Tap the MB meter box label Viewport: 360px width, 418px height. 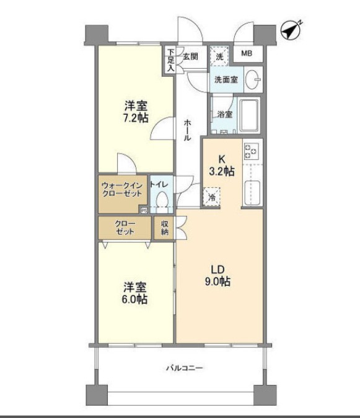(247, 54)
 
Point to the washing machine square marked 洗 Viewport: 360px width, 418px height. (219, 56)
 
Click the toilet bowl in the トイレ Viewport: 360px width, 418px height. (162, 201)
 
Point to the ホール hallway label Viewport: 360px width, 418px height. (187, 130)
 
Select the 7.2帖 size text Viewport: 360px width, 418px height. (134, 118)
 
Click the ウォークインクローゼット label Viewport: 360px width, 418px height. (122, 189)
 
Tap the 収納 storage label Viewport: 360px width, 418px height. (165, 228)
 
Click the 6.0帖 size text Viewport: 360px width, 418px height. (134, 299)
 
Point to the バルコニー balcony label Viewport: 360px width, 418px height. (184, 368)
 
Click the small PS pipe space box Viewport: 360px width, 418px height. (144, 210)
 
